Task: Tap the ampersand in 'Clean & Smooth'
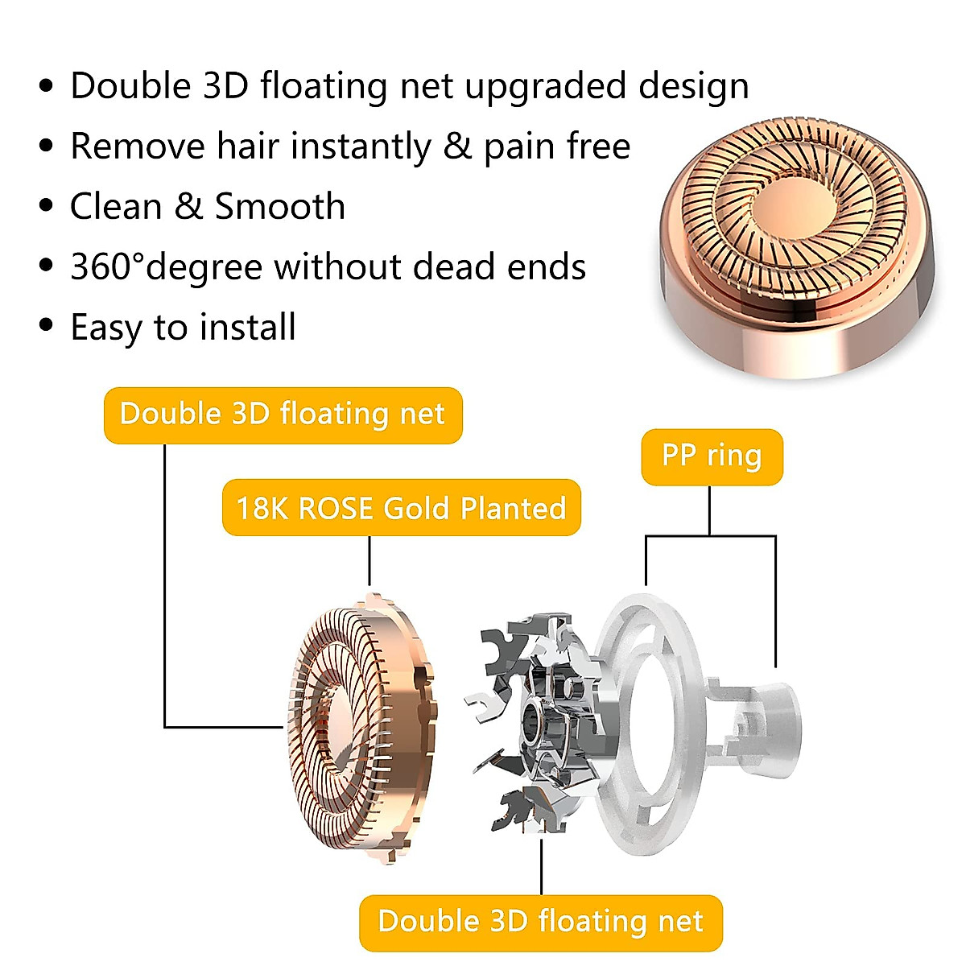pos(188,207)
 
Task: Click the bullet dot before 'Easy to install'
pos(46,326)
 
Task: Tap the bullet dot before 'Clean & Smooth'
pos(46,205)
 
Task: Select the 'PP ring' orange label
pos(712,456)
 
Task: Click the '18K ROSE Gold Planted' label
pos(401,508)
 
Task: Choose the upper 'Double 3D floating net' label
pos(283,415)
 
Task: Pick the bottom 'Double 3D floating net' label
pos(541,922)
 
